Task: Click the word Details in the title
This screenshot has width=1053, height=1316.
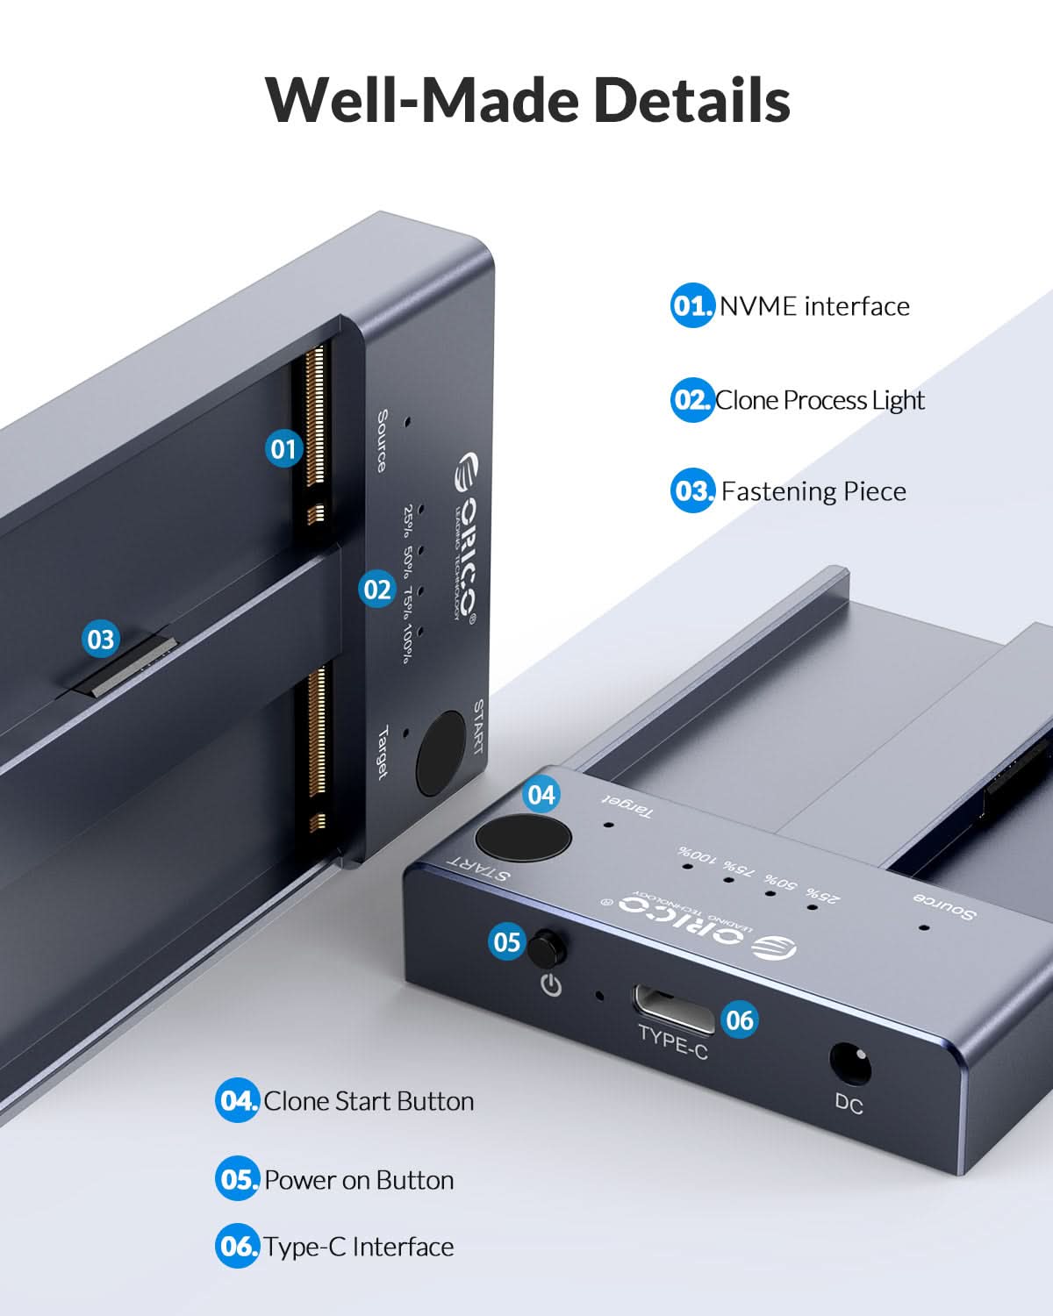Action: (x=691, y=99)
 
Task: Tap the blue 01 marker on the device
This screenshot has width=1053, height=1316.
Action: (x=283, y=449)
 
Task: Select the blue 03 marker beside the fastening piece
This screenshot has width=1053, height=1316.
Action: (x=101, y=639)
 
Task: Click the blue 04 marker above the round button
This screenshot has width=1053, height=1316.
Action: (x=541, y=795)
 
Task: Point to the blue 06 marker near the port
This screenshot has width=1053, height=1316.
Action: (x=740, y=1019)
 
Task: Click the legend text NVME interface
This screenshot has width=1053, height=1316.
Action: (x=814, y=306)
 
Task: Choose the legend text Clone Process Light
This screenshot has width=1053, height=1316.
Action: (x=820, y=400)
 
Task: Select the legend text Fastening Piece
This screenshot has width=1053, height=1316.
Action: (x=813, y=490)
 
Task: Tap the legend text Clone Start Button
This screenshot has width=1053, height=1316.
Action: (x=369, y=1101)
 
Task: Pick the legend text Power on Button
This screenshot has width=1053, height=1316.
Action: (x=359, y=1180)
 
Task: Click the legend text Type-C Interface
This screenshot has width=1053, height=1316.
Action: (x=359, y=1247)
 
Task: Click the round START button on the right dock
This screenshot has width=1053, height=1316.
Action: (x=524, y=837)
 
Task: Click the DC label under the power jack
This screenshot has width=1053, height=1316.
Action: (x=849, y=1105)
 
